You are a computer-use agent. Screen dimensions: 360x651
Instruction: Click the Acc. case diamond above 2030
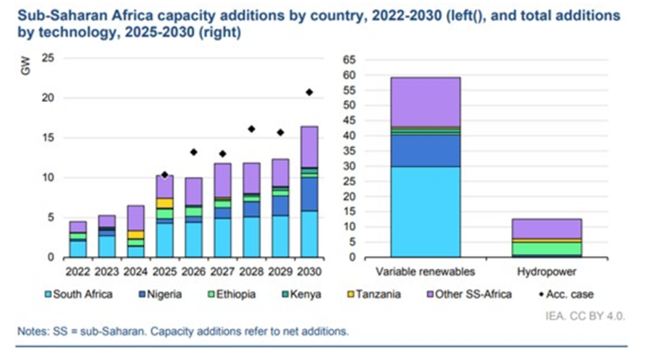tap(309, 92)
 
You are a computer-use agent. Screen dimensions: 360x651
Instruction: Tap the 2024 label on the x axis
tap(136, 272)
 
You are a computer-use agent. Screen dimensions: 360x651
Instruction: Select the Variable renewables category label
tap(425, 272)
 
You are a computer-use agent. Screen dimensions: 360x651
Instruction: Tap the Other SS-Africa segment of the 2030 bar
tap(309, 146)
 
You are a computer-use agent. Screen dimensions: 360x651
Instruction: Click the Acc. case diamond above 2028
tap(251, 128)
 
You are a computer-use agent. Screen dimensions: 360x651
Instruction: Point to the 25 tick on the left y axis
tap(48, 58)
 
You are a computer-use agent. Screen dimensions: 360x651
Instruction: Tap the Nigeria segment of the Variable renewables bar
tap(425, 151)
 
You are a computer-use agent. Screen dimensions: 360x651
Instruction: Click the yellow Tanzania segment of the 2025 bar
tap(164, 203)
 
